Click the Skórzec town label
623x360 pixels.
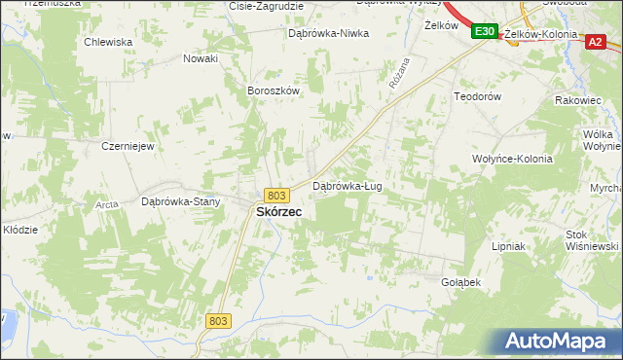(277, 211)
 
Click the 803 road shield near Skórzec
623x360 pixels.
(275, 195)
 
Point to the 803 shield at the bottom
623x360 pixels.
(218, 319)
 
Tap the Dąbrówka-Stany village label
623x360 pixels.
(181, 202)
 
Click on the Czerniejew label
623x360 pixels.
(128, 146)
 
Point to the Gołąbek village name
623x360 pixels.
(461, 282)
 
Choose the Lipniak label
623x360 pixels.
(508, 247)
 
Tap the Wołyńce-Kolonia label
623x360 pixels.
(512, 159)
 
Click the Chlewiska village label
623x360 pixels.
(108, 42)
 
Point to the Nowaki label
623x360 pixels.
(201, 58)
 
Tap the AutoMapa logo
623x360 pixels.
(558, 341)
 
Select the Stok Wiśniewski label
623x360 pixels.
(591, 240)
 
